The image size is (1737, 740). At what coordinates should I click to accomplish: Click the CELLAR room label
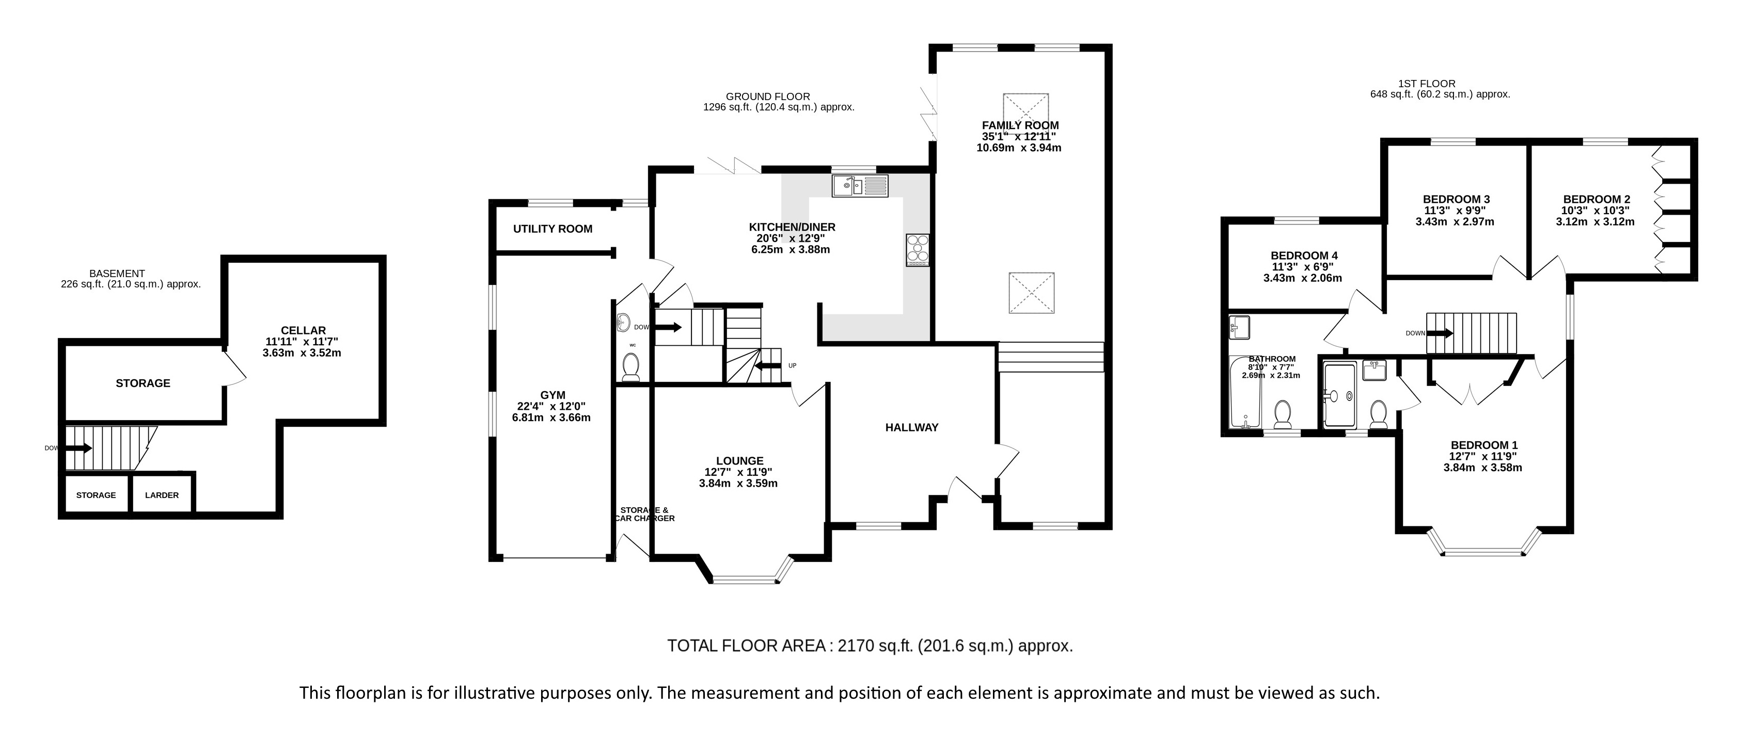(304, 330)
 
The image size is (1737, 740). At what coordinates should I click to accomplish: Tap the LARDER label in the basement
(162, 495)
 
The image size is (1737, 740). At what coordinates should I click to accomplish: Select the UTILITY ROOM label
(553, 229)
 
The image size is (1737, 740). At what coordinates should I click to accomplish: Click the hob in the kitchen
(918, 250)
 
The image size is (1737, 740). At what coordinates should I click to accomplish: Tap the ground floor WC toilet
(631, 367)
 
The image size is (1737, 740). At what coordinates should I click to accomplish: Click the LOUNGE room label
(740, 461)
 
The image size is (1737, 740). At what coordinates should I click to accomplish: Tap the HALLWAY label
(912, 427)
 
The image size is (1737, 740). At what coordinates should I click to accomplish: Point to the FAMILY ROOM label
(1020, 125)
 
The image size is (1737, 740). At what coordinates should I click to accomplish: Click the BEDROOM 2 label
(1597, 200)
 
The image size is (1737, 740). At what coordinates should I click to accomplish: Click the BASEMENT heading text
(117, 274)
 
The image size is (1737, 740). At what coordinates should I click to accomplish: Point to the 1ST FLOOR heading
(1427, 84)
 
